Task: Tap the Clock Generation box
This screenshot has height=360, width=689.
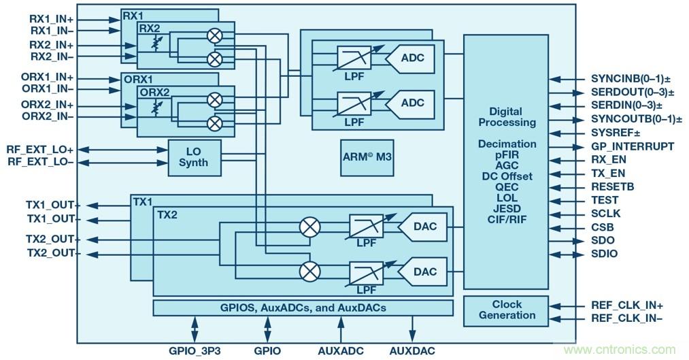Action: pos(507,310)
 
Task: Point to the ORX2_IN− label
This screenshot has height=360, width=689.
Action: pos(48,117)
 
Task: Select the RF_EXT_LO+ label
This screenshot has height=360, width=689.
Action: pos(40,149)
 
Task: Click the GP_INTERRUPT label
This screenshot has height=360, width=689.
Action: pos(633,146)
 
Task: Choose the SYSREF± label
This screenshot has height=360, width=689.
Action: pos(616,133)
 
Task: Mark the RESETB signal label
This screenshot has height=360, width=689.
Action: pos(614,186)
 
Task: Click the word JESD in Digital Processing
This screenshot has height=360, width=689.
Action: pos(507,209)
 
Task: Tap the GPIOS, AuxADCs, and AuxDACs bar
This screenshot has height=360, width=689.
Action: pos(303,308)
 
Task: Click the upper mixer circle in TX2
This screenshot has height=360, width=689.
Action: pos(309,227)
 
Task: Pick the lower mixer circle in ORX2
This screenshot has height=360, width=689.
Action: pos(215,123)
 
